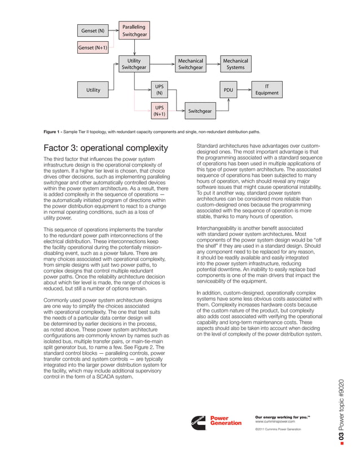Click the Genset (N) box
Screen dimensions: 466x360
[93, 30]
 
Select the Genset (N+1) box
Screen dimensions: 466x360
[93, 48]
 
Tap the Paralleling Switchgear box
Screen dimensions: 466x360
[134, 30]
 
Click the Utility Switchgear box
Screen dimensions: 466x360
[134, 64]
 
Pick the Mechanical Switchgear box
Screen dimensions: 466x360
[190, 64]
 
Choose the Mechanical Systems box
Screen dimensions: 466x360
[235, 64]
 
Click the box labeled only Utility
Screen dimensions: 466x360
[93, 90]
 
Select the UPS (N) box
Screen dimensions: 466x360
[160, 90]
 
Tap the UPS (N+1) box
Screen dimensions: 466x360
[160, 111]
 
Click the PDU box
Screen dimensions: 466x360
[228, 90]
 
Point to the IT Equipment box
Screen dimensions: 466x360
[267, 90]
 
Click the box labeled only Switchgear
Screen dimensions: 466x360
[200, 111]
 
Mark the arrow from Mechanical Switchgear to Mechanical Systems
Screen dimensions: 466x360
[213, 64]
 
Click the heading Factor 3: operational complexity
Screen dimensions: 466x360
[106, 148]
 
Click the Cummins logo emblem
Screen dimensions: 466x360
[198, 421]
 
